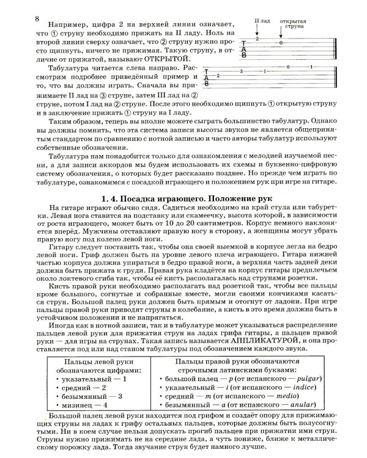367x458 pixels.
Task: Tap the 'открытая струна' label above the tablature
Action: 293,24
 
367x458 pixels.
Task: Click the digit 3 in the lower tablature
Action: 242,72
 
